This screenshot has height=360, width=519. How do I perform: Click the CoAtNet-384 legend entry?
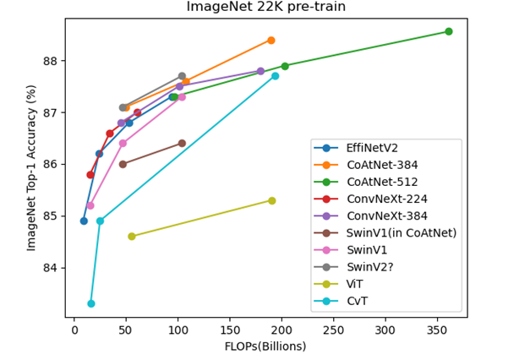pos(375,165)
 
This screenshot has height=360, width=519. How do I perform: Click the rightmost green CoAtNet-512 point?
pos(448,31)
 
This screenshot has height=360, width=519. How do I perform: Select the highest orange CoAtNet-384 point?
pos(271,40)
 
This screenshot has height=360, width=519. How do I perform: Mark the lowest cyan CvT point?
pos(91,303)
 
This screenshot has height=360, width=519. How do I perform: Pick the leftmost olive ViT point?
pos(132,237)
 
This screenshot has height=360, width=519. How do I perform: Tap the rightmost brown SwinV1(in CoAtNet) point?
pos(182,144)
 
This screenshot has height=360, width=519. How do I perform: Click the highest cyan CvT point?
pos(275,76)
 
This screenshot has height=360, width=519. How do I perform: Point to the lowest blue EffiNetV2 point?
pos(84,221)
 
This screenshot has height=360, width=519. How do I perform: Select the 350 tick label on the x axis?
pos(438,329)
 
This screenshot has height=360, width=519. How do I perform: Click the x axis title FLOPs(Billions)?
pos(265,346)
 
